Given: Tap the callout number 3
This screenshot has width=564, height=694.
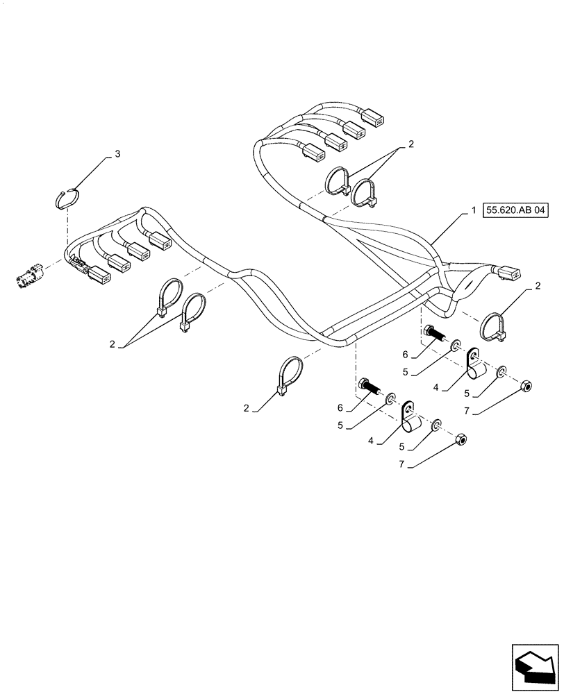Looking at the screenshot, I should [x=117, y=154].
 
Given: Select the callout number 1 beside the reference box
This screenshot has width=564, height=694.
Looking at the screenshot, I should [x=472, y=210].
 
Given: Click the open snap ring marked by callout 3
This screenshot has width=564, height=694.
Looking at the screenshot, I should [x=69, y=197].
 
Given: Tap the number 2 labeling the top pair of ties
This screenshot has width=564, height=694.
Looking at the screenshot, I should [x=411, y=144].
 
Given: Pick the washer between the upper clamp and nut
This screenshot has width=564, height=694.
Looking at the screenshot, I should [x=502, y=374].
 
